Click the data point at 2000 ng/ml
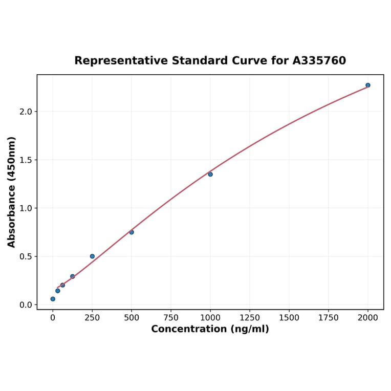(368, 85)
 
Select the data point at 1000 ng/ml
(210, 174)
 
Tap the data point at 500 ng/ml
(132, 232)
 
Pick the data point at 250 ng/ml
(92, 256)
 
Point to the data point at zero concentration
(53, 299)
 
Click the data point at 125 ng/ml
(73, 276)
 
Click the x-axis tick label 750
(171, 317)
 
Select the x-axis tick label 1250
(250, 317)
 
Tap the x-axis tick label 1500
(289, 317)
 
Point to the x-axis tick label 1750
(329, 317)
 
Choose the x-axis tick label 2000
(368, 317)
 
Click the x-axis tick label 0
(53, 317)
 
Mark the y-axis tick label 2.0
(26, 112)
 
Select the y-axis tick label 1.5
(26, 160)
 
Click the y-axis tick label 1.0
(26, 208)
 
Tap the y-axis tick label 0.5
(26, 256)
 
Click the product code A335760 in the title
(319, 60)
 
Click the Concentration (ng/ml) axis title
(210, 329)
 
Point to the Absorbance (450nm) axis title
(11, 192)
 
